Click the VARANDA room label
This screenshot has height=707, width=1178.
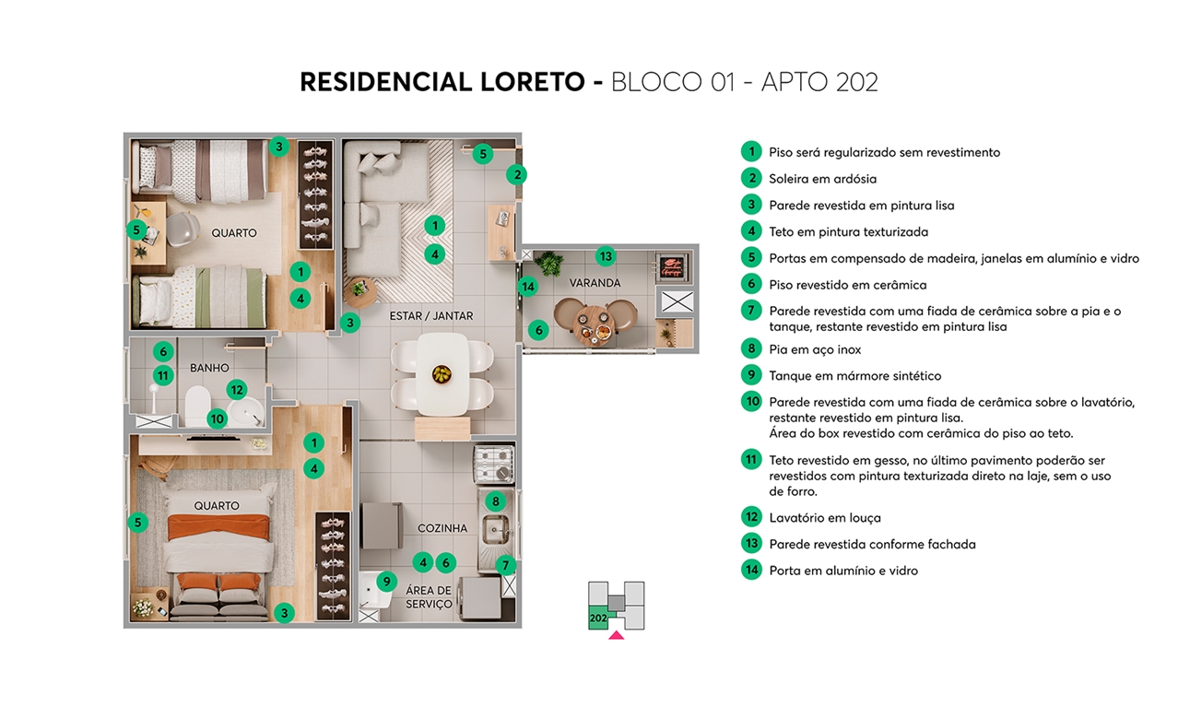(x=595, y=283)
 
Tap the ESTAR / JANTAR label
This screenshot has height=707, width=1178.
(x=430, y=316)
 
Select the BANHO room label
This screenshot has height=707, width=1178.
(x=209, y=368)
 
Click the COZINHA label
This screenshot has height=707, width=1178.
(x=442, y=528)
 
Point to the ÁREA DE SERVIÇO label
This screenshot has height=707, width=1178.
(x=430, y=597)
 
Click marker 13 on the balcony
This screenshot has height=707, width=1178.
(x=605, y=256)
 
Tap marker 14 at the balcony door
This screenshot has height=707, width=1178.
(x=527, y=287)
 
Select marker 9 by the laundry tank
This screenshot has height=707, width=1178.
(x=387, y=583)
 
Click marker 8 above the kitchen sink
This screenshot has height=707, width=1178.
(x=495, y=502)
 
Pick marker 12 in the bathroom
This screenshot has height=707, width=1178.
(x=236, y=390)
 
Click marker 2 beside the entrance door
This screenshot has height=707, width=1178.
(x=518, y=174)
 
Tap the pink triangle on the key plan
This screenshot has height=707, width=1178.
(x=616, y=634)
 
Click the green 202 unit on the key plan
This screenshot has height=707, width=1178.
(x=598, y=619)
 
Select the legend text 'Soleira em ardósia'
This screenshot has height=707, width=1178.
(x=822, y=179)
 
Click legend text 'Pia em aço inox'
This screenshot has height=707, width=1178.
(x=815, y=349)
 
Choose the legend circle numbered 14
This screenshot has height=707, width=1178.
(x=752, y=571)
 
